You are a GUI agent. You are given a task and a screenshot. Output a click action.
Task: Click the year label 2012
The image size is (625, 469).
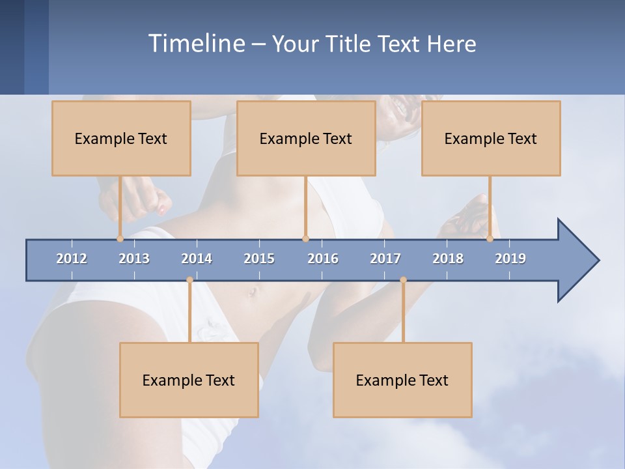tap(72, 259)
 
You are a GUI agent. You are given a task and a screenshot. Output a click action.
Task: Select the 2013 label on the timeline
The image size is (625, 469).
tap(134, 259)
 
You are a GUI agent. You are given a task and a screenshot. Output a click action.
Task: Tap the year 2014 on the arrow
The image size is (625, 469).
tap(197, 259)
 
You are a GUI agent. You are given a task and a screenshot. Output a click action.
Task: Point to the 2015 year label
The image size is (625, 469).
tap(259, 259)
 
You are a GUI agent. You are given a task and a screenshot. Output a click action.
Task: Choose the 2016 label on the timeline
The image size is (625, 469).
tap(323, 259)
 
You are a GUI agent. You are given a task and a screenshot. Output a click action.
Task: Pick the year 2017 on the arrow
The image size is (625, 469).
tap(385, 259)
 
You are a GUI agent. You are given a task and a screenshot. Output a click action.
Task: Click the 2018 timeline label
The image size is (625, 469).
tap(448, 259)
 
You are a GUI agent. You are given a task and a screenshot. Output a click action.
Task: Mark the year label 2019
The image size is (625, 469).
tap(510, 259)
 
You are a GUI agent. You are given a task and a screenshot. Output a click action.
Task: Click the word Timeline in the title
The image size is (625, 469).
tap(195, 44)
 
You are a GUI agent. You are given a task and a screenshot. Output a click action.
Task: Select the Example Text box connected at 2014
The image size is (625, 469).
tap(189, 380)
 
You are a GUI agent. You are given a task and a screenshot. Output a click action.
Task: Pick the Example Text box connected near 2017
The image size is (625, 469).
tap(402, 380)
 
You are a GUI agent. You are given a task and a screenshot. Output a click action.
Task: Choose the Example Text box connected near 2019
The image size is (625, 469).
tap(491, 138)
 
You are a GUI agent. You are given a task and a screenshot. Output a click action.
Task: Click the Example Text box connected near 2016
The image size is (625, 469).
tap(306, 138)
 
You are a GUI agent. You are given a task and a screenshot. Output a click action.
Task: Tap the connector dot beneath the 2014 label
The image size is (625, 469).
tap(189, 280)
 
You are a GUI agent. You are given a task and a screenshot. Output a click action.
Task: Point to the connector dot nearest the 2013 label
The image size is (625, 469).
tap(120, 238)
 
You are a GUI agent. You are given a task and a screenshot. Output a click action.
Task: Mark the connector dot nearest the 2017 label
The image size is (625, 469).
tap(403, 280)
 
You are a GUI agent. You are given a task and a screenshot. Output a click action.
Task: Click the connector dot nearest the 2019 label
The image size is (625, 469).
tap(490, 238)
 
